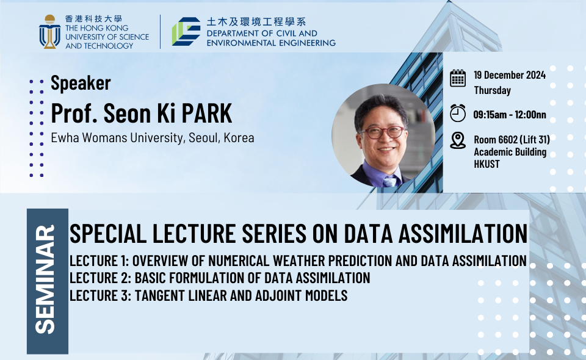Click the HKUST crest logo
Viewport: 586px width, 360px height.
(x=49, y=32)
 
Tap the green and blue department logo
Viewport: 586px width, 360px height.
(x=186, y=31)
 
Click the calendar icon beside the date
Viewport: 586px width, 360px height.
(x=457, y=78)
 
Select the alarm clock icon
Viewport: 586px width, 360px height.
(x=457, y=113)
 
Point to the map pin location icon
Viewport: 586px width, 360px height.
(x=457, y=140)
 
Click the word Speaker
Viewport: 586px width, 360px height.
(x=81, y=83)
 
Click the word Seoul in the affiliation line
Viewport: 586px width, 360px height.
(x=204, y=138)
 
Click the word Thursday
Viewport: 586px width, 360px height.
(x=492, y=90)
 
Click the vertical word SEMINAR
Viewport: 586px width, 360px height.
(x=45, y=279)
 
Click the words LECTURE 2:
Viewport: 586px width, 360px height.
(x=101, y=278)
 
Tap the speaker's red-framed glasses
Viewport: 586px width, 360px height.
(x=381, y=132)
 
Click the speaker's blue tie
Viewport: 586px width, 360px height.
(x=389, y=181)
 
